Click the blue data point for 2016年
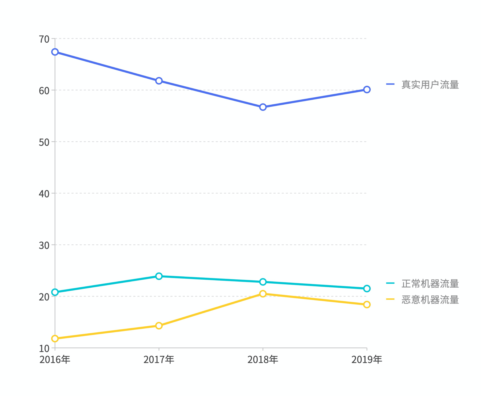pos(55,52)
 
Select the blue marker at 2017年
pos(159,81)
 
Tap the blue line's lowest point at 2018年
pos(263,107)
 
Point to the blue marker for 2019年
pos(367,90)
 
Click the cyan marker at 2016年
pos(55,292)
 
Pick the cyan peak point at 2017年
pos(159,276)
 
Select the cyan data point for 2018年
pos(263,282)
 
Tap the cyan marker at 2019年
pos(367,288)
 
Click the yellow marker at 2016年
pos(55,338)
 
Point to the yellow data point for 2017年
pos(159,326)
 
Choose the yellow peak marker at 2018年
pos(263,294)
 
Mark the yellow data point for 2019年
pos(367,304)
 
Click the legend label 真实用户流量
pos(430,85)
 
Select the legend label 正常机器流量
pos(430,284)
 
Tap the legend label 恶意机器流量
pos(430,300)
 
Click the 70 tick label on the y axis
pos(44,39)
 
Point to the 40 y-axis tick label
pos(44,194)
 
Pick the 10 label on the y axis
pos(44,348)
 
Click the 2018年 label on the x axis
pos(263,360)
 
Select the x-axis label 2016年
pos(55,360)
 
